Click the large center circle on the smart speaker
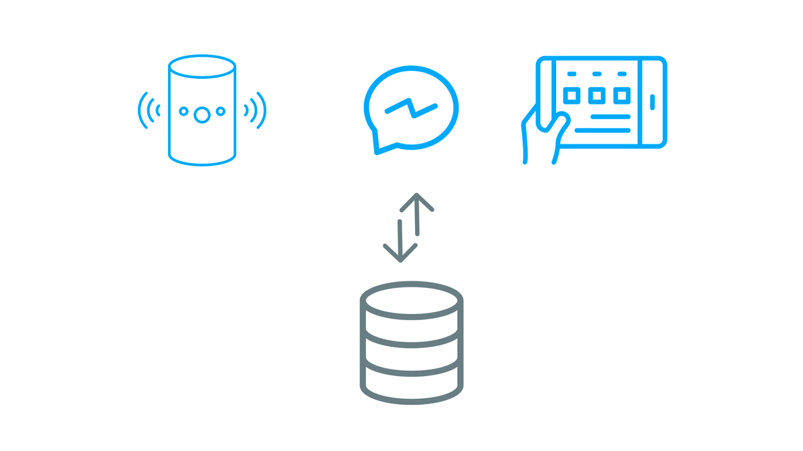tap(201, 114)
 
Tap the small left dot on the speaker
tap(183, 111)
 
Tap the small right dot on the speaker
tap(220, 111)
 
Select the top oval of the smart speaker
tap(202, 67)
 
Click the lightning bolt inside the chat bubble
tap(411, 108)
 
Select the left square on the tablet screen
tap(571, 96)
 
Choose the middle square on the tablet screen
tap(596, 96)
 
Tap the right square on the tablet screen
tap(622, 96)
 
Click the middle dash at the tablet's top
tap(596, 73)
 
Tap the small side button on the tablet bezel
tap(652, 102)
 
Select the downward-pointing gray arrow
tap(400, 241)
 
